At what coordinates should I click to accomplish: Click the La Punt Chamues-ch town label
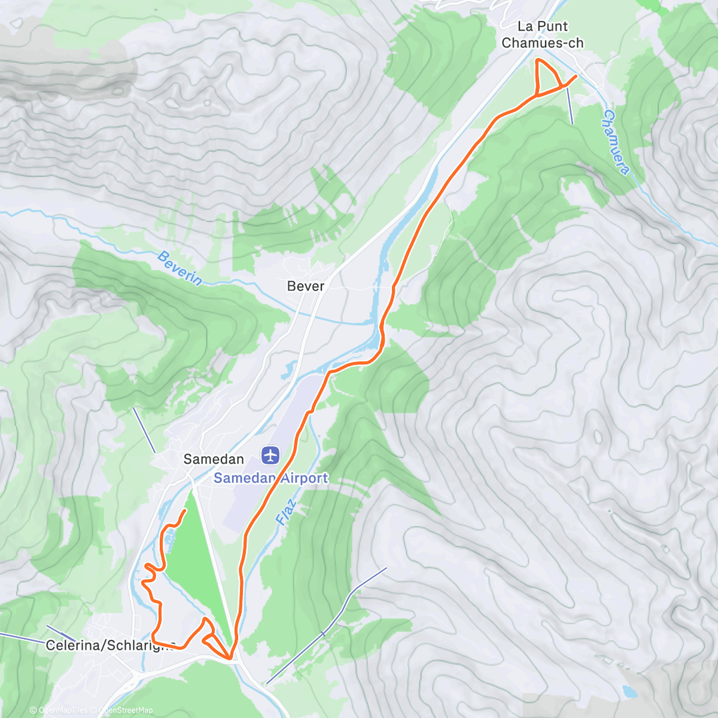pos(543,35)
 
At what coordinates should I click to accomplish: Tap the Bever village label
pos(305,286)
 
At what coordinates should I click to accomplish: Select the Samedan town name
pos(213,459)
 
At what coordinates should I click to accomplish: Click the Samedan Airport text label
pos(271,478)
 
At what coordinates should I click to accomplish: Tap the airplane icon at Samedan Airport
pos(271,455)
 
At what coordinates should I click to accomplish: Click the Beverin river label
pos(180,268)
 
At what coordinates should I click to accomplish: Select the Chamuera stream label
pos(616,142)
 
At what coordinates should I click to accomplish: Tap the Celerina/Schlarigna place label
pos(111,645)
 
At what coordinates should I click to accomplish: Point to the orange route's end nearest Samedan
pos(185,510)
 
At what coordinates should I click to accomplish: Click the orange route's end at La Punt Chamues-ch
pos(576,76)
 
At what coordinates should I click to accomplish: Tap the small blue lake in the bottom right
pos(629,692)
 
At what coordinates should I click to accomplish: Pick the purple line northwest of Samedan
pos(144,430)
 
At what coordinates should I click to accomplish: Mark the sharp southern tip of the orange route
pos(230,659)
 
